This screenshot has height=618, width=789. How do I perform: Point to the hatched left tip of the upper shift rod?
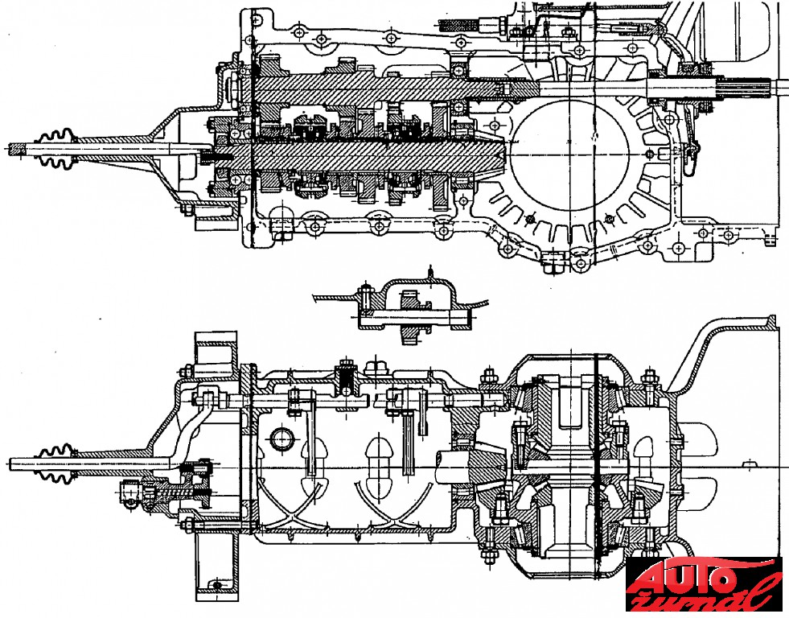(x=17, y=149)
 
